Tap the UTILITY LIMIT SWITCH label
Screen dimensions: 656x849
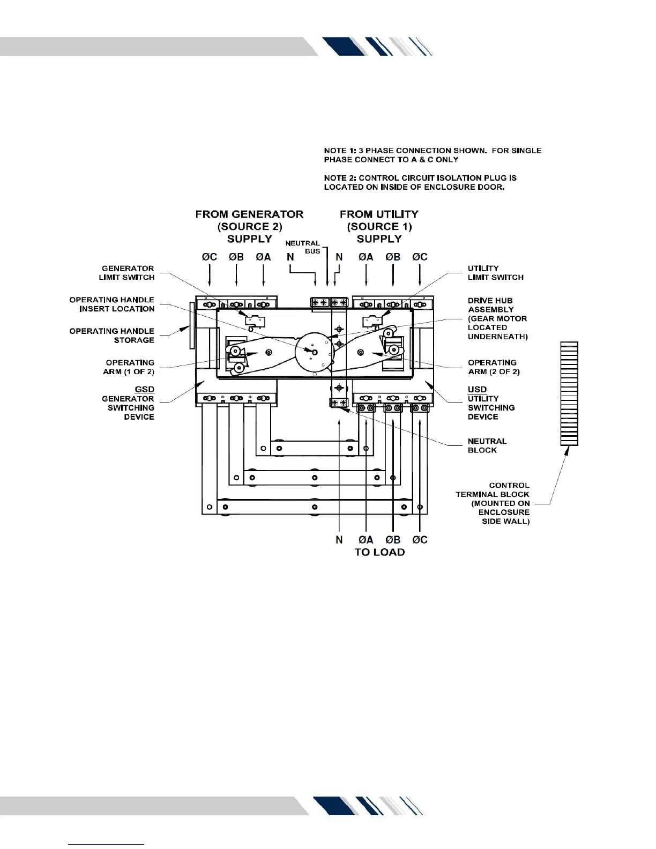click(495, 273)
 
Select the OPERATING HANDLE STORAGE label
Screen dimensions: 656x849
click(111, 336)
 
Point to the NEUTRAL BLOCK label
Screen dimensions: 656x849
click(487, 445)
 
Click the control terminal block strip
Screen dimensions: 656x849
click(569, 393)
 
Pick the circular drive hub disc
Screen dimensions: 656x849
click(315, 351)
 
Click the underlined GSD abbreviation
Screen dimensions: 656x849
click(144, 389)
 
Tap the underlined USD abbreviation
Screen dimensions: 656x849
click(477, 389)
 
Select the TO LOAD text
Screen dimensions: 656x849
click(379, 552)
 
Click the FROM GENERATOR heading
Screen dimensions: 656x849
click(249, 214)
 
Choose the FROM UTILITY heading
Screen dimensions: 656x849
click(379, 214)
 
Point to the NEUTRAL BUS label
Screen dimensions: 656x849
click(303, 247)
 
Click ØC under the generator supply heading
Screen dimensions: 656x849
click(209, 257)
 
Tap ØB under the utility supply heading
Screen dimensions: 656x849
click(393, 257)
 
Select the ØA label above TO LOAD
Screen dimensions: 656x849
click(366, 540)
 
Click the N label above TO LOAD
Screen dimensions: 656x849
click(339, 540)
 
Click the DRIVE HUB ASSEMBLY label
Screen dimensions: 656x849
click(497, 318)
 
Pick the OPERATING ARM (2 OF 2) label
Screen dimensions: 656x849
click(493, 367)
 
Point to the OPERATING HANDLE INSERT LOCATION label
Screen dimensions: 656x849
click(111, 304)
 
